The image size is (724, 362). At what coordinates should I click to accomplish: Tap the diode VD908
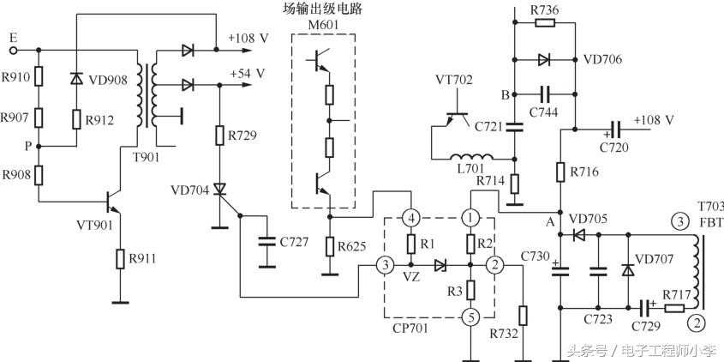[76, 79]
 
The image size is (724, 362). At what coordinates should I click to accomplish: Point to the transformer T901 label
[156, 154]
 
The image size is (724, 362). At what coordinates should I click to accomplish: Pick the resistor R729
[220, 136]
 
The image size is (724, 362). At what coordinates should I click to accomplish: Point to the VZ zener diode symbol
[440, 266]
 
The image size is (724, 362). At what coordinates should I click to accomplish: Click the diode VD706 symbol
[543, 60]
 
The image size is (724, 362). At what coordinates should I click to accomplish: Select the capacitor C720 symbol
[613, 130]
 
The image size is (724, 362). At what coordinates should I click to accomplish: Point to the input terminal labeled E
[12, 39]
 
